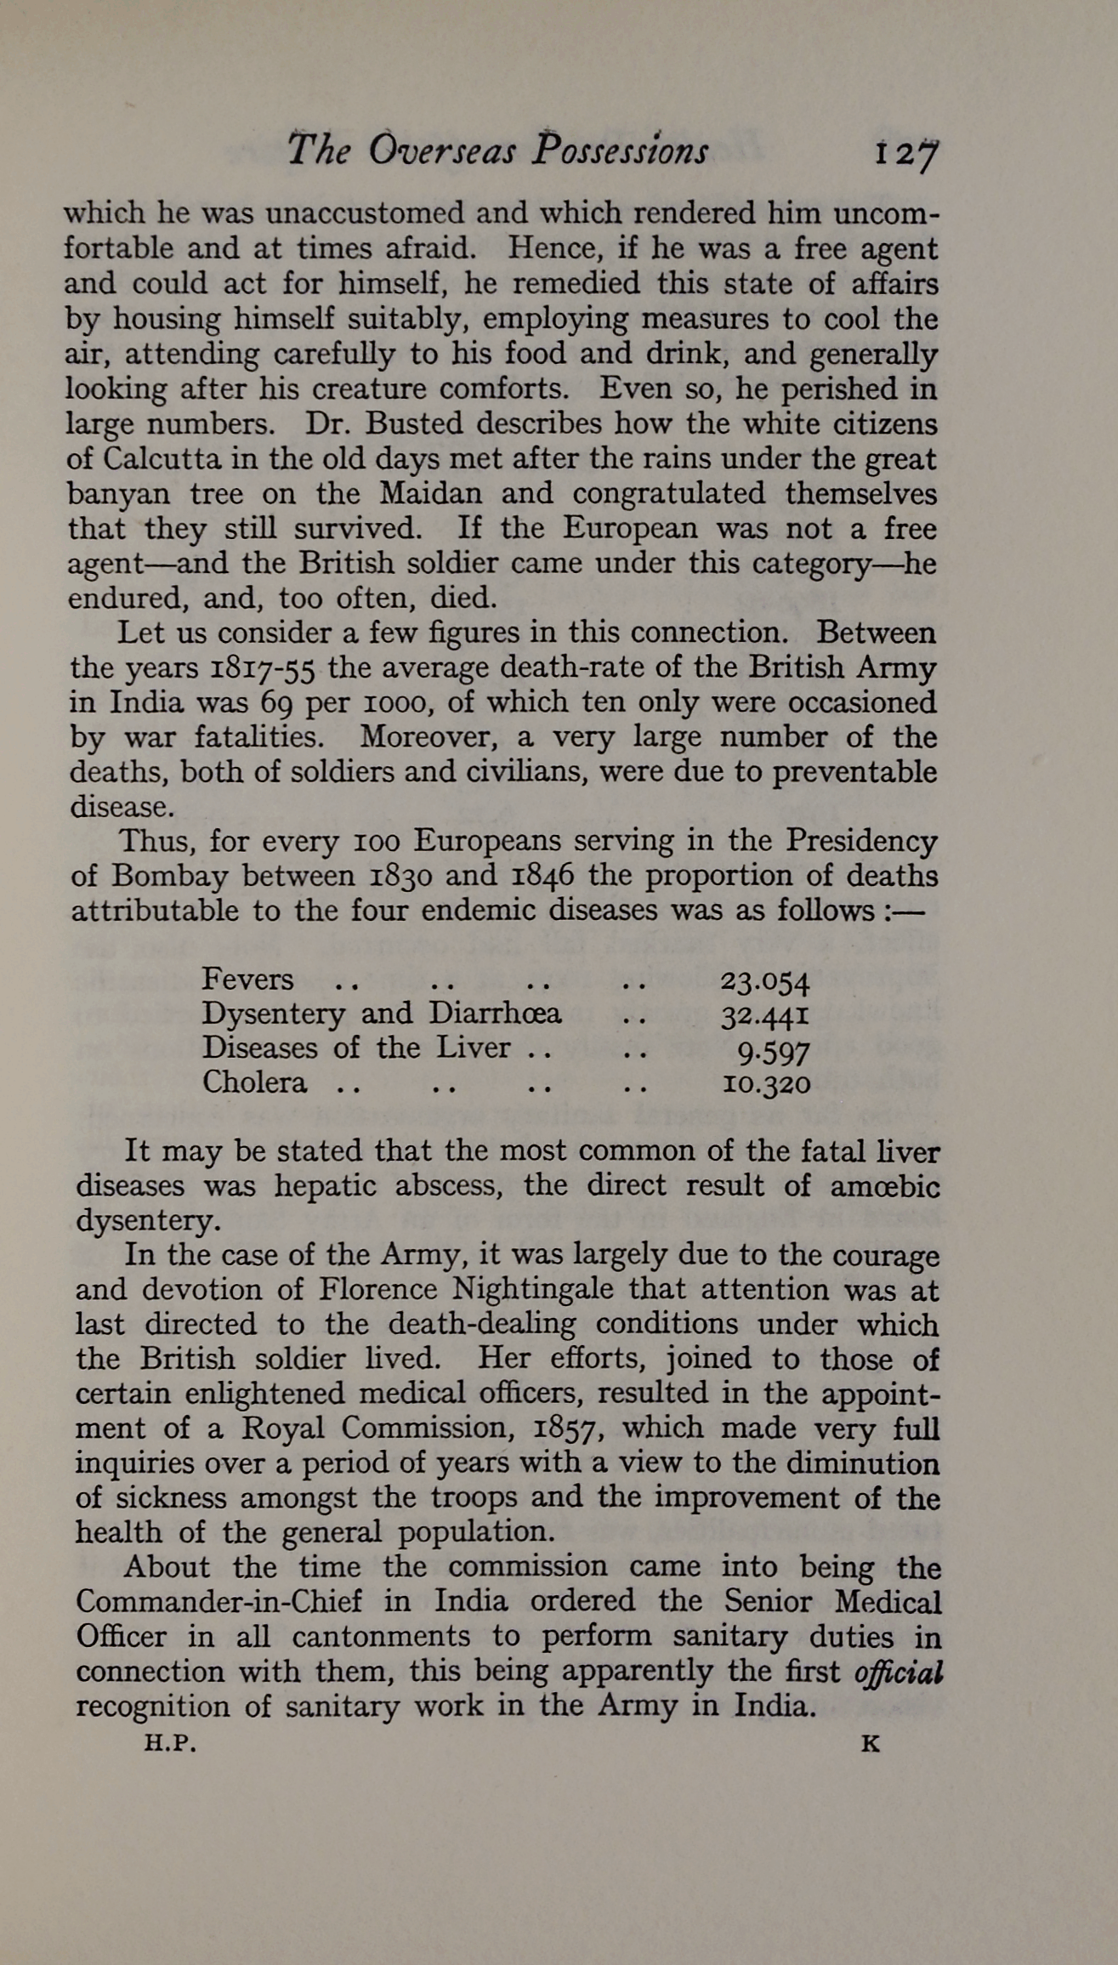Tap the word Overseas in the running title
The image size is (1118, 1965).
coord(442,150)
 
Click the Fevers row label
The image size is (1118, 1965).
coord(247,979)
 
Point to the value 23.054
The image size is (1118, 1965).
coord(765,981)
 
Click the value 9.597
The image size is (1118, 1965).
coord(773,1051)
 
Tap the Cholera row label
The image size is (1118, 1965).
coord(254,1082)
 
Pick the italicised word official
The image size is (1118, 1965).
coord(899,1673)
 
